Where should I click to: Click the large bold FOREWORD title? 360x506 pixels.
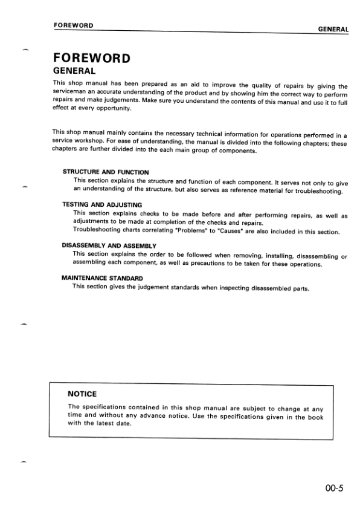(91, 59)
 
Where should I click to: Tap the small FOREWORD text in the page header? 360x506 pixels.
(73, 25)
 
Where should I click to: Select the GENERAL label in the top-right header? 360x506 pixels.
(333, 28)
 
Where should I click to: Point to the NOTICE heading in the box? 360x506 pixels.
(83, 394)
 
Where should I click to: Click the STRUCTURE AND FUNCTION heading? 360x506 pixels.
(106, 172)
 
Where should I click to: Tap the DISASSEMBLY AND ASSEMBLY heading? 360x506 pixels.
(109, 245)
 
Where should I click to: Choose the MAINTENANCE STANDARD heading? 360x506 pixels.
(103, 277)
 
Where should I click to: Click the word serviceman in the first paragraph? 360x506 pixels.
(71, 93)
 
